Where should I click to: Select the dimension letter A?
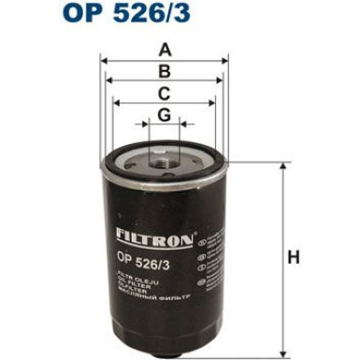[x=164, y=50]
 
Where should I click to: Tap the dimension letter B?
[x=164, y=71]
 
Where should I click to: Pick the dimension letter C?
[x=164, y=94]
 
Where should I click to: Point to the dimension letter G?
[x=164, y=115]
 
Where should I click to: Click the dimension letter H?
[x=293, y=257]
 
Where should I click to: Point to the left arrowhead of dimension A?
[x=103, y=61]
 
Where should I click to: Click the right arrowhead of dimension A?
[x=225, y=61]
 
